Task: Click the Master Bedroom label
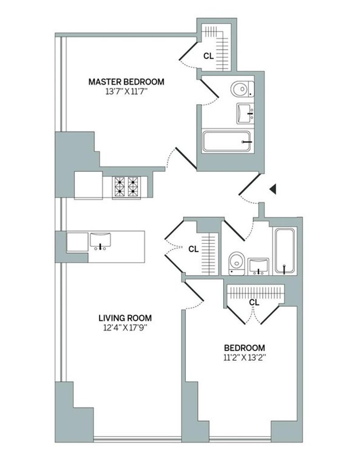(x=126, y=81)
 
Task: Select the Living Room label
(x=125, y=318)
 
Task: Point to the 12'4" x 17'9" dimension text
(x=125, y=328)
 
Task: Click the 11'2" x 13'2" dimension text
(x=244, y=358)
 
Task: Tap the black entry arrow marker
(x=273, y=189)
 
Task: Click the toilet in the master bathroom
(x=243, y=89)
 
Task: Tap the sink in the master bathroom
(x=245, y=113)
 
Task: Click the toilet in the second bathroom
(x=237, y=264)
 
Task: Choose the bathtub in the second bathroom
(x=285, y=250)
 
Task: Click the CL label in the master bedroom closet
(x=208, y=56)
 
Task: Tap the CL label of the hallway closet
(x=193, y=250)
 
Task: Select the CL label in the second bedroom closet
(x=254, y=302)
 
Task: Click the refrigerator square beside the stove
(x=89, y=185)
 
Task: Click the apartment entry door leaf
(x=250, y=184)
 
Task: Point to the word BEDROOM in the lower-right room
(x=244, y=348)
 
